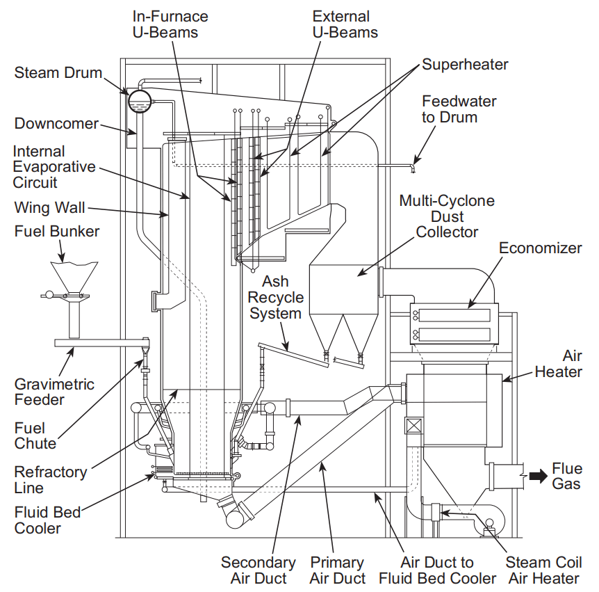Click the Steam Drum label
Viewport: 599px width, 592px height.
point(58,72)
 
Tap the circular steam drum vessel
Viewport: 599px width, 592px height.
point(140,101)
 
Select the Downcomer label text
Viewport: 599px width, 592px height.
point(56,124)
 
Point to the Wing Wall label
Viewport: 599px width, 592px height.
point(49,208)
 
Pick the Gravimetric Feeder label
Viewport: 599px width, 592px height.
point(54,392)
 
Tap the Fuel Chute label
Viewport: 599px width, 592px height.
point(35,435)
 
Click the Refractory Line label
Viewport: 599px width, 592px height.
point(51,480)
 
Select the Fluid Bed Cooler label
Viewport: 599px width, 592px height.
point(47,520)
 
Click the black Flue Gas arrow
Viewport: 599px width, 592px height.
point(539,476)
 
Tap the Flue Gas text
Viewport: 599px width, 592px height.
point(567,476)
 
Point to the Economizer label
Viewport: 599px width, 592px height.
point(541,248)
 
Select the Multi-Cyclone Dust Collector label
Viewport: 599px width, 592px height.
point(447,216)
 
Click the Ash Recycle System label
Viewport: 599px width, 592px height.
point(275,298)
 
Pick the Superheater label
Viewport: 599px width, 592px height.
point(465,64)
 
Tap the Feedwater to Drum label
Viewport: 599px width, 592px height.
point(459,109)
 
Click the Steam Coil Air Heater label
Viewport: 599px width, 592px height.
point(543,570)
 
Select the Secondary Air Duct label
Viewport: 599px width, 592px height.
point(259,570)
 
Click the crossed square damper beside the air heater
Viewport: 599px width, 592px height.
point(414,426)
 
